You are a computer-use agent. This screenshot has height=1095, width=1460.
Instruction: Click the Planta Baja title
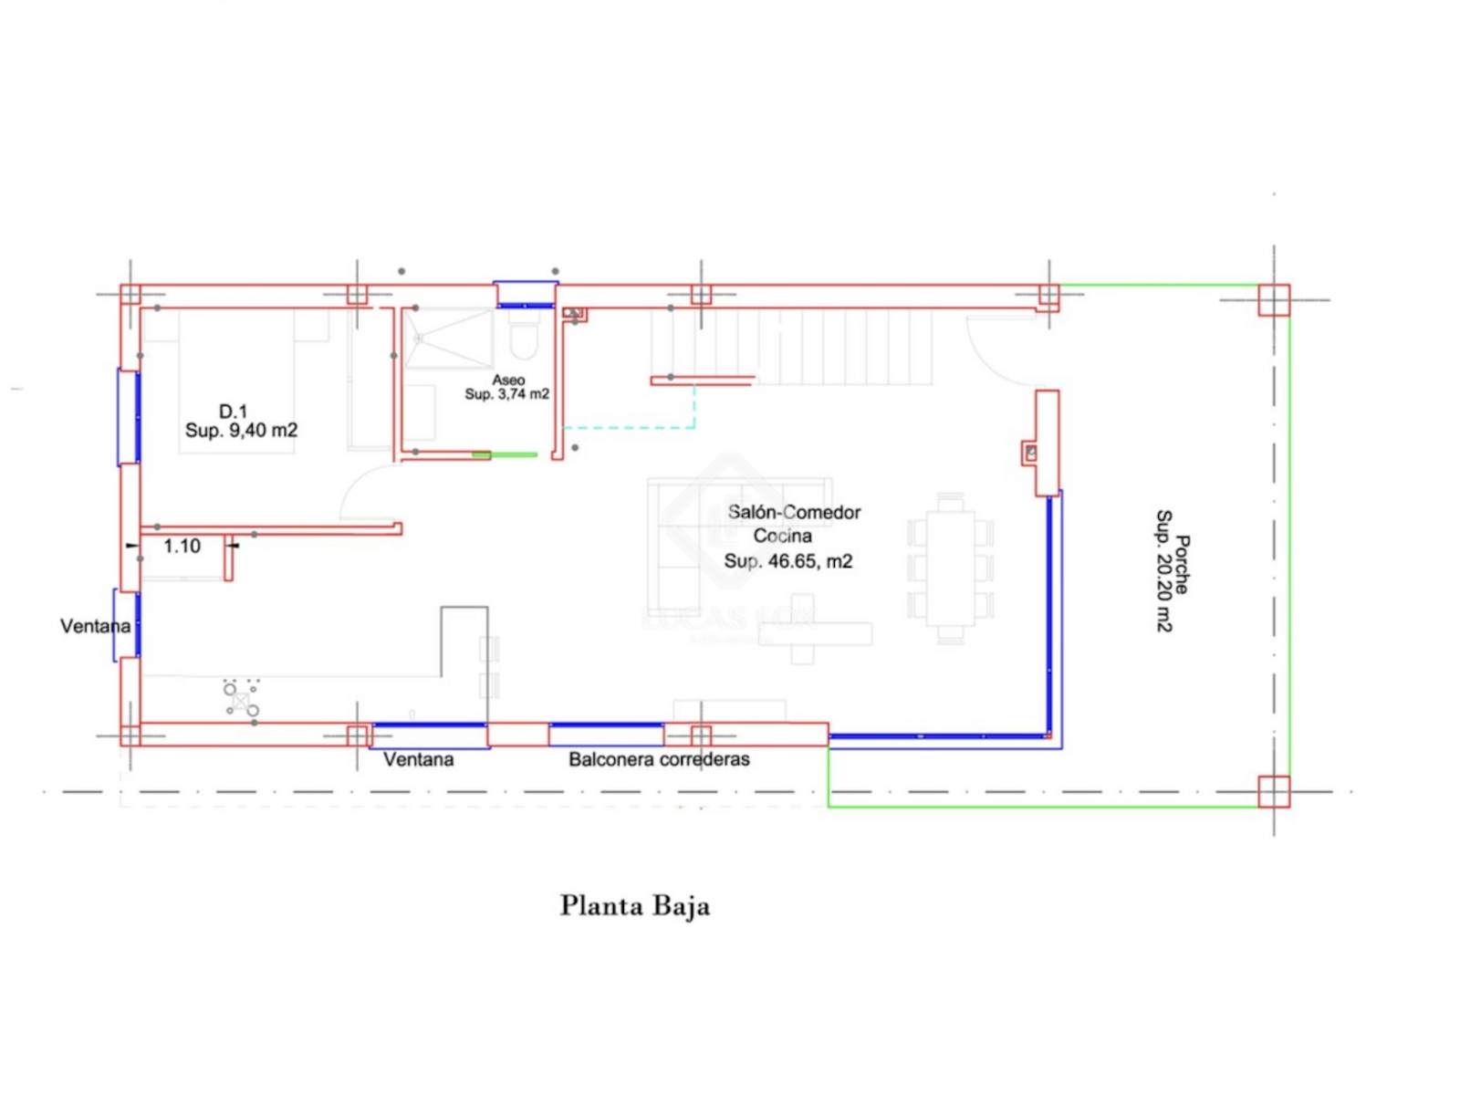pos(634,906)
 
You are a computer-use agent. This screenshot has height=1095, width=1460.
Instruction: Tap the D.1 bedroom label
pos(234,411)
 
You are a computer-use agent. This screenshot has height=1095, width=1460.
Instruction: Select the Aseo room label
pos(508,381)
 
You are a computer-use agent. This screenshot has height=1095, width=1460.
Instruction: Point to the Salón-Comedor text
pos(794,513)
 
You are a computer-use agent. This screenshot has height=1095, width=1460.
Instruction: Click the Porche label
pos(1182,564)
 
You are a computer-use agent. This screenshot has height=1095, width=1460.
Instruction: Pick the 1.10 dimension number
pos(182,547)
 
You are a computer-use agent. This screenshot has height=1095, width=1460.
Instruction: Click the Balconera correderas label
pos(659,759)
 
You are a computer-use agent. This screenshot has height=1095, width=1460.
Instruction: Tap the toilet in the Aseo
pos(525,339)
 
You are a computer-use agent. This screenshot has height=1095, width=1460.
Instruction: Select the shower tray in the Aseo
pos(449,339)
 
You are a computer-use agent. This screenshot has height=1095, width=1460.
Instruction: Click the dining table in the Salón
pos(950,568)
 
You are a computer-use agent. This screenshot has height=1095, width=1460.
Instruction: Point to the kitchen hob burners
pos(241,697)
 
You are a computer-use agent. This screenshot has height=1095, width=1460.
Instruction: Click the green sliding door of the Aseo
pos(505,454)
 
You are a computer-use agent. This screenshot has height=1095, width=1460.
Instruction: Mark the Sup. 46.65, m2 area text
pos(787,562)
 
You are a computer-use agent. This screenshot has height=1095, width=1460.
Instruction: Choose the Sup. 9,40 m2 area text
pos(241,431)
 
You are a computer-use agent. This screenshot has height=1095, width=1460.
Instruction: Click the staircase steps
pos(791,347)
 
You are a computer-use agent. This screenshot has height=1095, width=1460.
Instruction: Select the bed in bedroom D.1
pos(236,381)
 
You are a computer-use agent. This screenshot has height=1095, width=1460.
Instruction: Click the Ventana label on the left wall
pos(95,626)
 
